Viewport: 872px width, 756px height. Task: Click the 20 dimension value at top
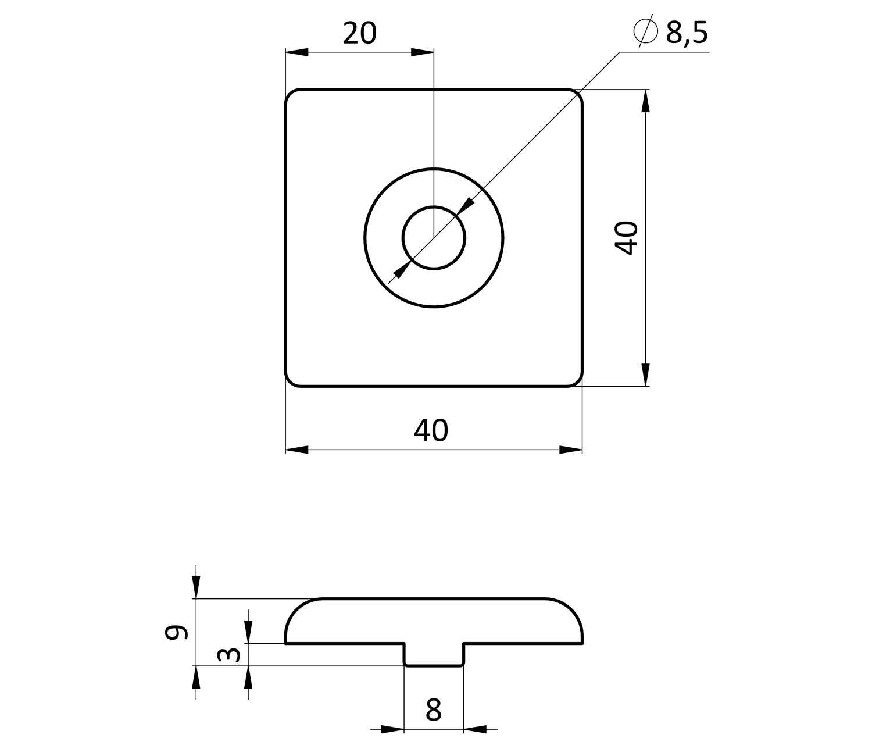tap(359, 33)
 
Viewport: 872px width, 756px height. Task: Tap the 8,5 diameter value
tap(687, 33)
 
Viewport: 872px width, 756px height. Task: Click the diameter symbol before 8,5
tap(645, 31)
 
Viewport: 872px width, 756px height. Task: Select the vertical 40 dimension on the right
tap(626, 238)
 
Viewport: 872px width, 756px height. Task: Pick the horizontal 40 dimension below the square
tap(431, 430)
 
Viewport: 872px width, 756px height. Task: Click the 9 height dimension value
tap(176, 632)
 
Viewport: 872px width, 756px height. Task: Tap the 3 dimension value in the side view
tap(228, 655)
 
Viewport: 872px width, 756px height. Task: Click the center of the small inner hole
tap(434, 238)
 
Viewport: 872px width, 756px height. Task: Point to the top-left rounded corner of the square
tap(290, 94)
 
